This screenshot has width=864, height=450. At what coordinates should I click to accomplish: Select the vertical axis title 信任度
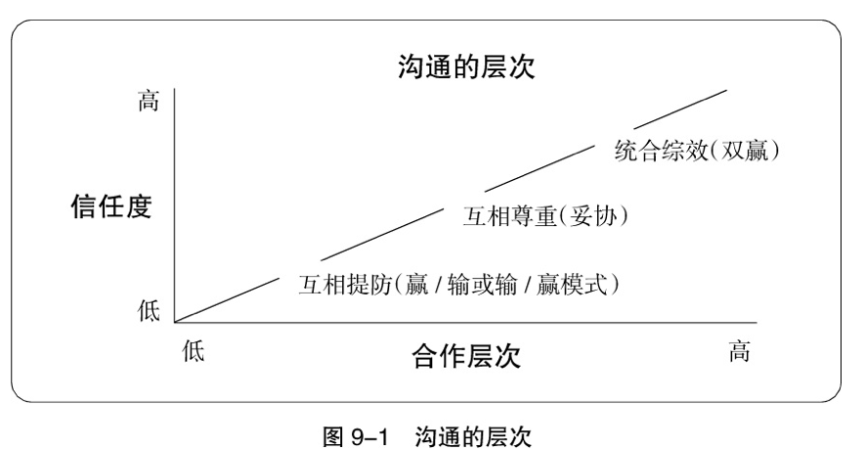[111, 208]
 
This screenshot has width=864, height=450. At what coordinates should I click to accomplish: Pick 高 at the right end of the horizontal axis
[739, 352]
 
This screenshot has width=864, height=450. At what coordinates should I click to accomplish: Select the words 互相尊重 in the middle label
[504, 216]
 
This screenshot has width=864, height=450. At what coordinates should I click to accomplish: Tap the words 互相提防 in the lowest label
[339, 285]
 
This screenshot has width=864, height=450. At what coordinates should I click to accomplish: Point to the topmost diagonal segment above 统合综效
[680, 109]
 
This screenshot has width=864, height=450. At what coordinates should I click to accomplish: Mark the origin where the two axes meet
[175, 321]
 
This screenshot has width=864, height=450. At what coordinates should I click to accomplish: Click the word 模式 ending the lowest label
[584, 285]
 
